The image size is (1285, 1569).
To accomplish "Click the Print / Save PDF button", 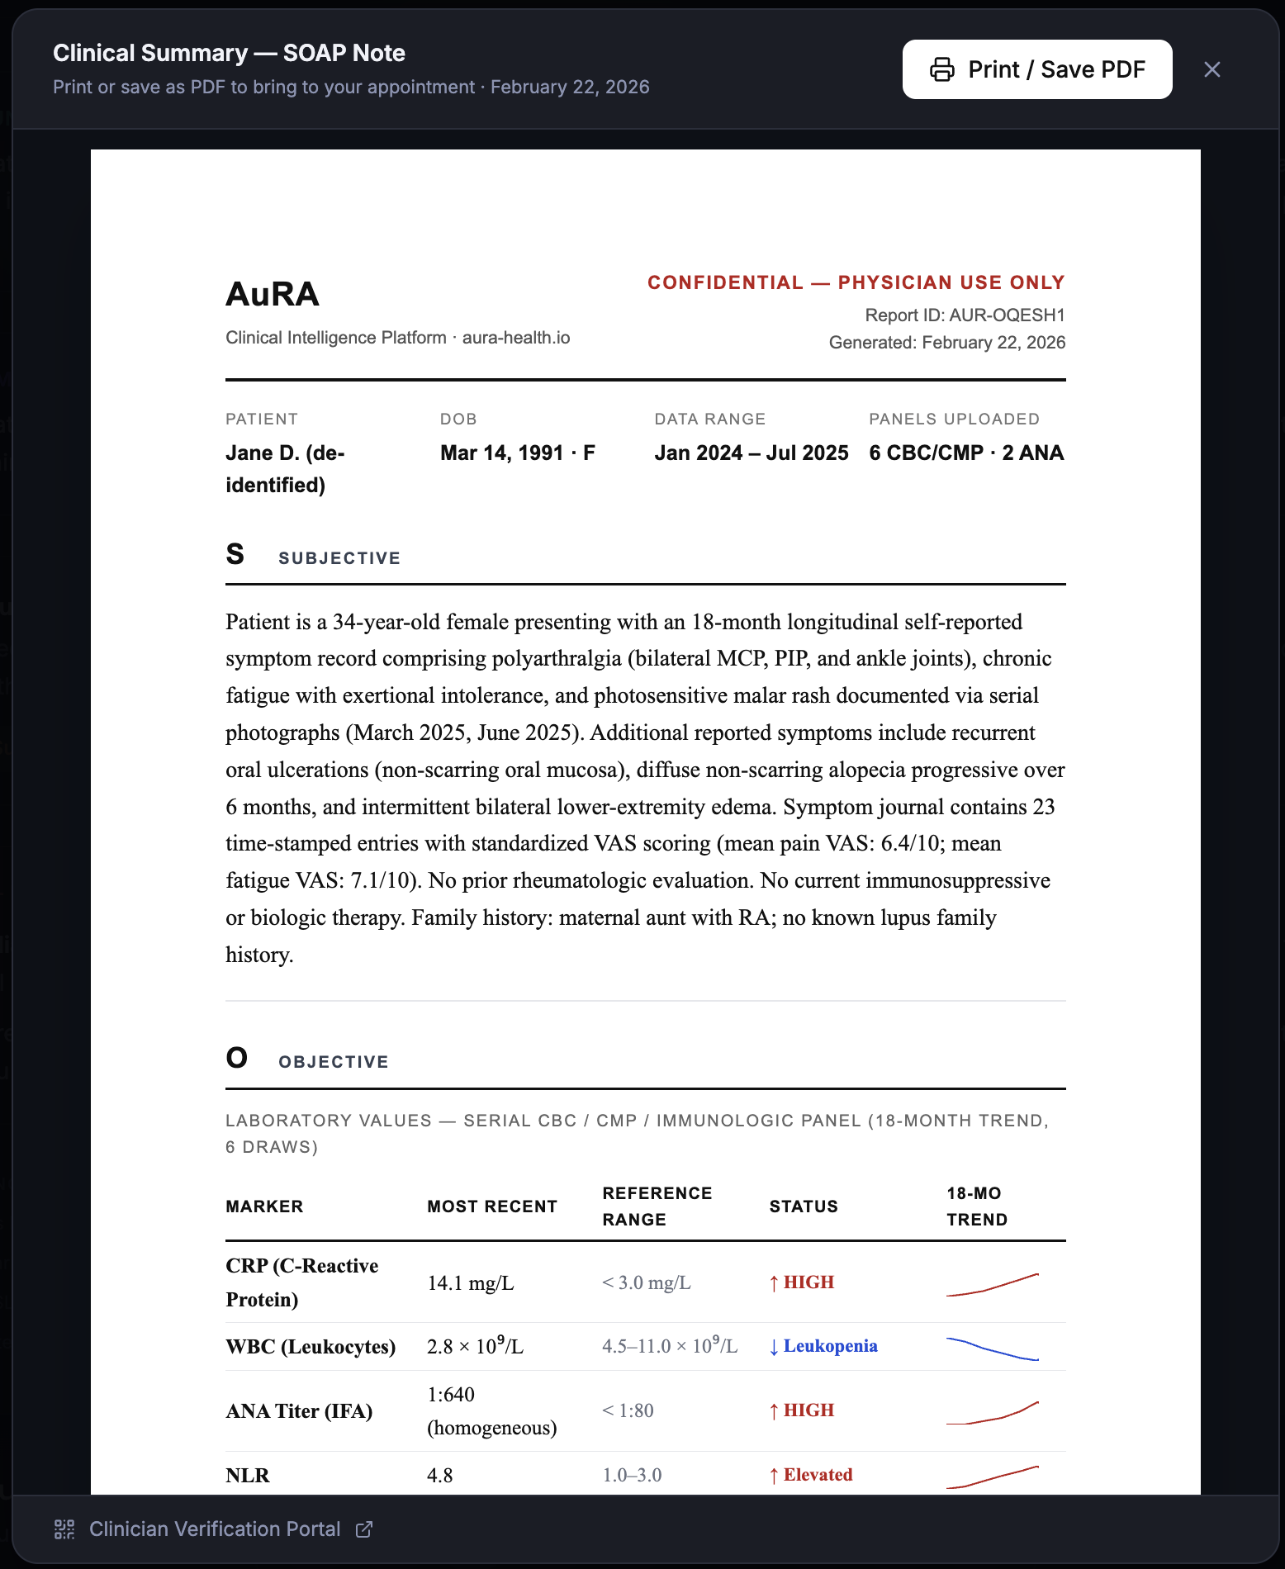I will pyautogui.click(x=1036, y=69).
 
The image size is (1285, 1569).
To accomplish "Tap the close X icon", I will pyautogui.click(x=1212, y=69).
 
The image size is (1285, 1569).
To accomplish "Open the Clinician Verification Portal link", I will pyautogui.click(x=215, y=1529).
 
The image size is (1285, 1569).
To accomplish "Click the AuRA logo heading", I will pyautogui.click(x=273, y=294).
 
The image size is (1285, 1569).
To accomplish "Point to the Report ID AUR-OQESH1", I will pyautogui.click(x=965, y=315).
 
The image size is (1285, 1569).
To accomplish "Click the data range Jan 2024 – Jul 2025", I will pyautogui.click(x=751, y=453).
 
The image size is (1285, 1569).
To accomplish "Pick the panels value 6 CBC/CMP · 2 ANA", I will pyautogui.click(x=966, y=453).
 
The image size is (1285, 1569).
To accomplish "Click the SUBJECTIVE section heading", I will pyautogui.click(x=339, y=558).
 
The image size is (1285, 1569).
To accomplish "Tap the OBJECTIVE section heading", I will pyautogui.click(x=333, y=1062).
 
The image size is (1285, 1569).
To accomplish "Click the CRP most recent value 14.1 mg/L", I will pyautogui.click(x=470, y=1282).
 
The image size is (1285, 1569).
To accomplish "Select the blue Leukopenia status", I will pyautogui.click(x=829, y=1346).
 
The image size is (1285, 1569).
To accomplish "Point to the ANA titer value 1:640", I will pyautogui.click(x=451, y=1395).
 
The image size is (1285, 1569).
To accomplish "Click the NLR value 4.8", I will pyautogui.click(x=439, y=1475).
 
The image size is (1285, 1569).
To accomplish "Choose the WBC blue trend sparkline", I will pyautogui.click(x=992, y=1348).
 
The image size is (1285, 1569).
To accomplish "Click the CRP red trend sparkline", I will pyautogui.click(x=992, y=1284).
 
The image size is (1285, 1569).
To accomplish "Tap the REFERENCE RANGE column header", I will pyautogui.click(x=657, y=1206).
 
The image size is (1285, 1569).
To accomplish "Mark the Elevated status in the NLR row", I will pyautogui.click(x=817, y=1475).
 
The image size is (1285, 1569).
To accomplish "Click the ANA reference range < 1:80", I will pyautogui.click(x=628, y=1410).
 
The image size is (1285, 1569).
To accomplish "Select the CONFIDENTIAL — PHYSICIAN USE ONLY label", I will pyautogui.click(x=856, y=282).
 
